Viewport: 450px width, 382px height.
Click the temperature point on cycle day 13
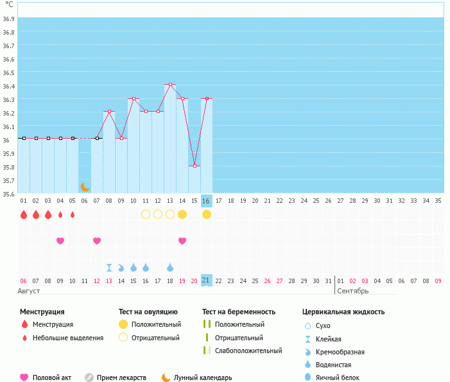click(x=170, y=85)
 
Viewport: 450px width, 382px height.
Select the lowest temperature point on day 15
click(x=195, y=166)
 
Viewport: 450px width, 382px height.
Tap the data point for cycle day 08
click(x=109, y=112)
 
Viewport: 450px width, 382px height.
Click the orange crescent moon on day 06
click(x=85, y=186)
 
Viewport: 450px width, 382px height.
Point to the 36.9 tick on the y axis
click(x=8, y=19)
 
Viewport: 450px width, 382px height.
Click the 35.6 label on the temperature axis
click(x=8, y=193)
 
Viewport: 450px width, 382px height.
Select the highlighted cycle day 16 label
click(x=206, y=201)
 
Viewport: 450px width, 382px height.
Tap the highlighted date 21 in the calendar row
click(x=206, y=281)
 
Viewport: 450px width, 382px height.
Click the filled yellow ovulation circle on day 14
click(x=182, y=214)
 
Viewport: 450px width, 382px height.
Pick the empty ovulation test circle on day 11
click(x=146, y=214)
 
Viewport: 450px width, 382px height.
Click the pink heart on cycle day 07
click(x=97, y=241)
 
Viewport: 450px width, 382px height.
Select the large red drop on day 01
click(x=24, y=214)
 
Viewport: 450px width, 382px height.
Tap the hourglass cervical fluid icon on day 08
click(x=109, y=267)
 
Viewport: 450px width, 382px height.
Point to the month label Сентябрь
click(x=352, y=291)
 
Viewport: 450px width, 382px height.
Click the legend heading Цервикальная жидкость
click(x=343, y=312)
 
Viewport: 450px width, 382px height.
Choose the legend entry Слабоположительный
click(x=248, y=351)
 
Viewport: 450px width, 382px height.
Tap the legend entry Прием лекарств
click(x=121, y=378)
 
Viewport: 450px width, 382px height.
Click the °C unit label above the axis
click(x=9, y=4)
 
